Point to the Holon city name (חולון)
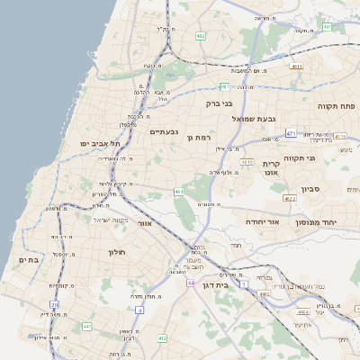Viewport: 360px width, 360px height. point(119,252)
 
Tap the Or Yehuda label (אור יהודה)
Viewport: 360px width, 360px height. point(264,221)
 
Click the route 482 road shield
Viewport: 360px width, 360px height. point(200,37)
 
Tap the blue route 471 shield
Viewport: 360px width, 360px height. point(291,133)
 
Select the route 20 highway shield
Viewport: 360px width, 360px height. point(55,305)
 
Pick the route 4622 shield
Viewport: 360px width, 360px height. point(289,198)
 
